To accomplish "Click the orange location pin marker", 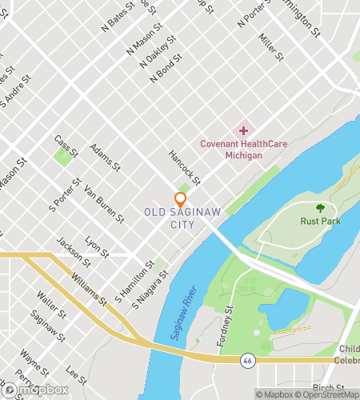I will pos(180,199).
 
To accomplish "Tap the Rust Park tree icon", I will pos(320,208).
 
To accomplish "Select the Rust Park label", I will pos(320,221).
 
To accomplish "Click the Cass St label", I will pos(66,146).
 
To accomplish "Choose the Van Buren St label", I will pos(104,204).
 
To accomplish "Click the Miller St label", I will pos(271,46).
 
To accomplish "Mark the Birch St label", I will pos(329,388).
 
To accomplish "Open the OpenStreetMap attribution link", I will pos(327,394).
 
